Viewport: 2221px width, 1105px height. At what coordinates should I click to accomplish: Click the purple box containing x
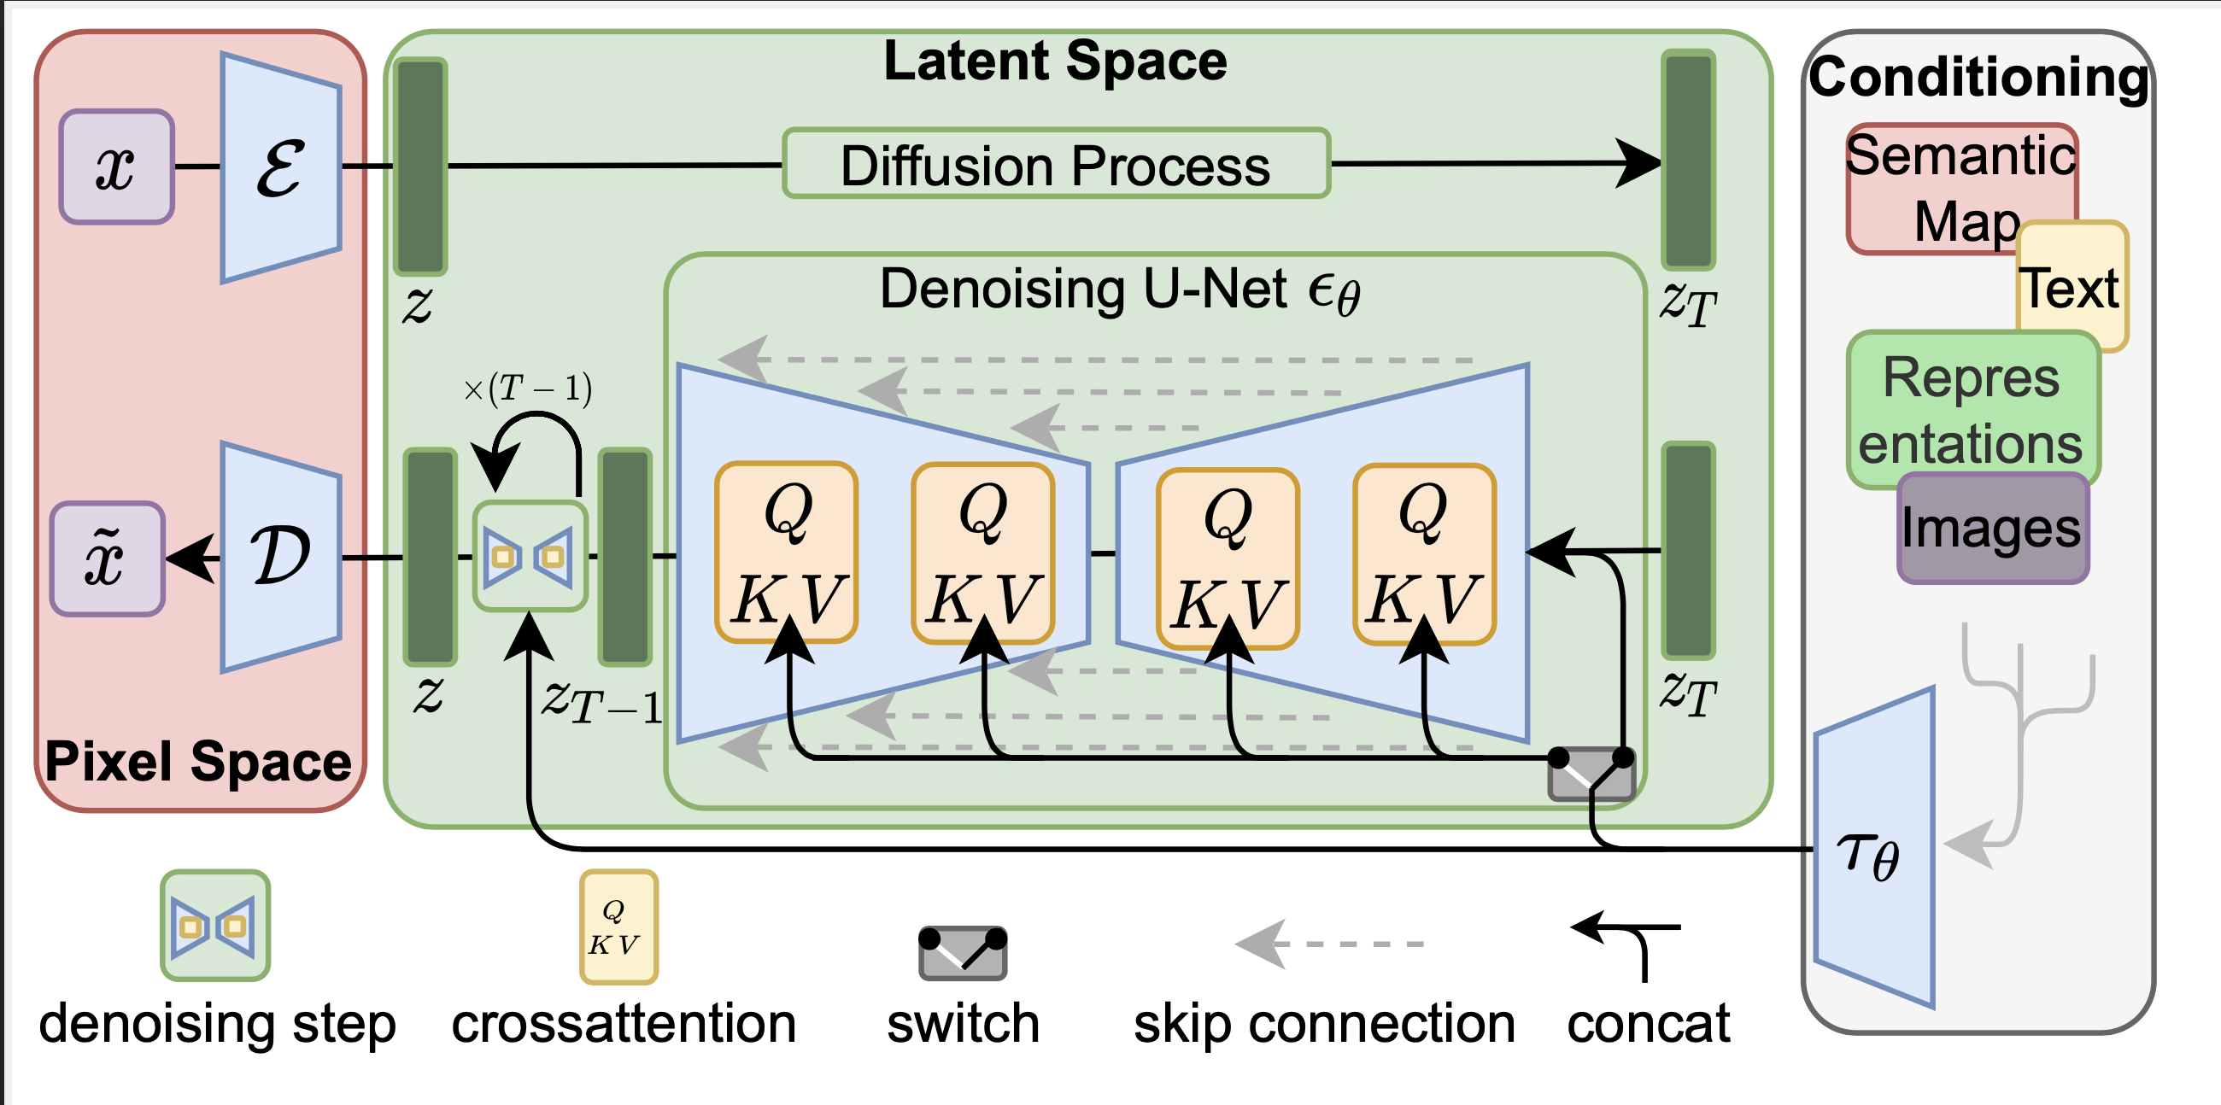click(116, 167)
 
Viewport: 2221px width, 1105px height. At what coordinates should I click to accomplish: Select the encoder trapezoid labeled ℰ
click(281, 167)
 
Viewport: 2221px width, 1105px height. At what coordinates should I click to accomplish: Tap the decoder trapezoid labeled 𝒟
click(281, 557)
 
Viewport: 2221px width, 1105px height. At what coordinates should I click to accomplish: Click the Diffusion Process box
click(1056, 164)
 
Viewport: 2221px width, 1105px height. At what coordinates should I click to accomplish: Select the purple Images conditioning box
click(1993, 528)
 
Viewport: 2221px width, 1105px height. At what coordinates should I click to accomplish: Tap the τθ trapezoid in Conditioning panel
click(1874, 847)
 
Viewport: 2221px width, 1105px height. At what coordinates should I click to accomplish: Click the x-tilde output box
click(107, 558)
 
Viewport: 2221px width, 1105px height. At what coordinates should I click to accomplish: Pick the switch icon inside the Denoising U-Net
click(1591, 772)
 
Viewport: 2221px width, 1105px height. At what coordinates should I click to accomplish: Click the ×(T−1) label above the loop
click(528, 388)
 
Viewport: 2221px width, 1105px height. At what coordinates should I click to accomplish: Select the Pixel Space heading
click(198, 761)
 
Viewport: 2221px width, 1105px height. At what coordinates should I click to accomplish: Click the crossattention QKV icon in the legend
click(618, 927)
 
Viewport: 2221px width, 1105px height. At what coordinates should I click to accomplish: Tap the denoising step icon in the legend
click(214, 926)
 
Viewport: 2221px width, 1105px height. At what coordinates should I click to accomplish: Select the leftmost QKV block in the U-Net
click(786, 552)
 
